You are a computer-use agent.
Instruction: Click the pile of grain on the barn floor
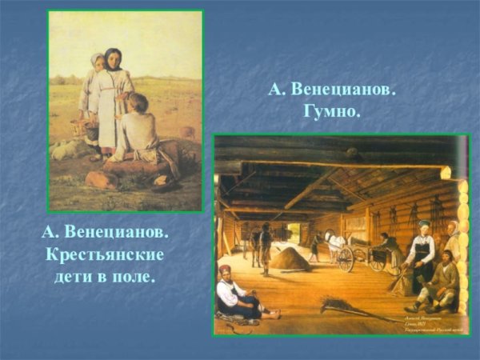(x=290, y=258)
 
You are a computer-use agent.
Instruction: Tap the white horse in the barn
(x=334, y=240)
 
